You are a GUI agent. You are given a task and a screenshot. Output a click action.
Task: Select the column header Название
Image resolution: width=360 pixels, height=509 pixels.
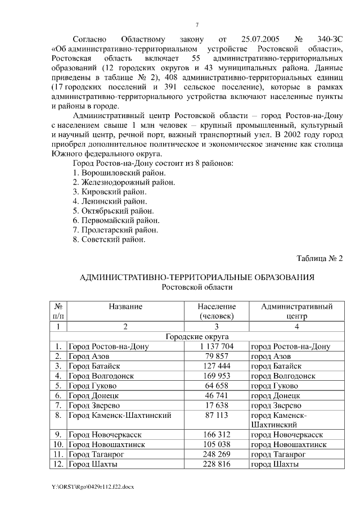[125, 307]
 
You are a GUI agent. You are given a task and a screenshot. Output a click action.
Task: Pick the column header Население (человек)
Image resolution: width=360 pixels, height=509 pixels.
[217, 311]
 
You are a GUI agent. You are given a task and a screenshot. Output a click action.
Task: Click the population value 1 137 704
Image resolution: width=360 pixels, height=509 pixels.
[217, 346]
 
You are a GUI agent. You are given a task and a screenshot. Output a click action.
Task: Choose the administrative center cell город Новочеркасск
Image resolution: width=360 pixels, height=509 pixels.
[286, 435]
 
